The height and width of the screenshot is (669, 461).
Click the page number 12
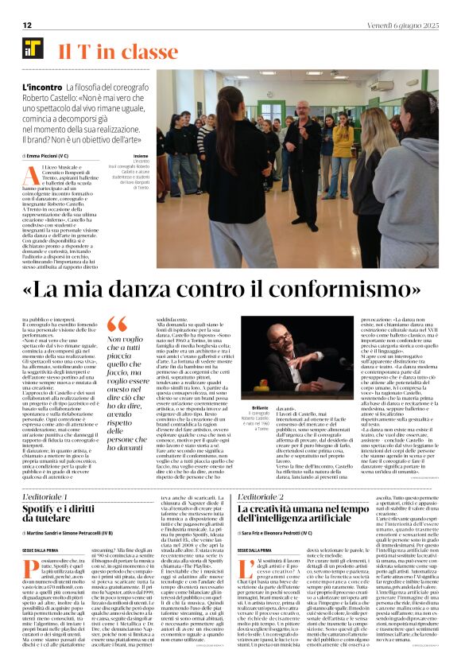pos(26,25)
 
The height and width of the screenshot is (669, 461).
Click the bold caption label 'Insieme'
pos(141,157)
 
